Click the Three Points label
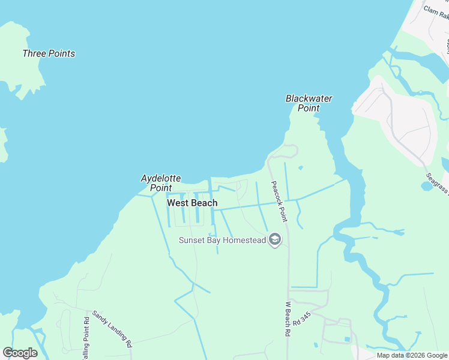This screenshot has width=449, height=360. click(49, 53)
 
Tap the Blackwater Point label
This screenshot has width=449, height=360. click(309, 103)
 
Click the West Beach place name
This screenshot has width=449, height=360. click(192, 203)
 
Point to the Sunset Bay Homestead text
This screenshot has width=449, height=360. click(222, 241)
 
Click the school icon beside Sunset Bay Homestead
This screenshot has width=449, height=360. click(275, 241)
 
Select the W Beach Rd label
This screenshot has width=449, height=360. click(288, 318)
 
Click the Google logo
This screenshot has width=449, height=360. click(20, 353)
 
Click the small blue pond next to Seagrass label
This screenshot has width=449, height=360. click(427, 185)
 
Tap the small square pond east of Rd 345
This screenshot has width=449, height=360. click(346, 340)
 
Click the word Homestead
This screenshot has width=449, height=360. click(246, 241)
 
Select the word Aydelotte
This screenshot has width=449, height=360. click(160, 178)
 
